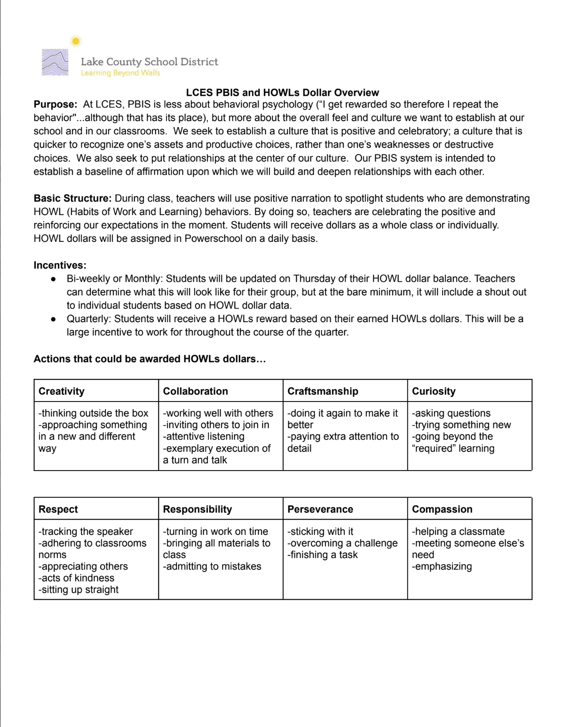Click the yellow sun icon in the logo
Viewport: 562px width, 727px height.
pyautogui.click(x=75, y=41)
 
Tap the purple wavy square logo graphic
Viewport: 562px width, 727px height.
pyautogui.click(x=55, y=62)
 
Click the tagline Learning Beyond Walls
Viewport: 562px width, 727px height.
pyautogui.click(x=120, y=73)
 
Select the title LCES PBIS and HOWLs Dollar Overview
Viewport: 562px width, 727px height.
pyautogui.click(x=282, y=93)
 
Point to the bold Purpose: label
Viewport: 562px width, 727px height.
pyautogui.click(x=55, y=104)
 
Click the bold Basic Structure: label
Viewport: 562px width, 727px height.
pyautogui.click(x=72, y=198)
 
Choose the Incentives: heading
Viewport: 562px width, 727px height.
pyautogui.click(x=60, y=265)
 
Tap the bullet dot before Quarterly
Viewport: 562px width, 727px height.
pyautogui.click(x=54, y=319)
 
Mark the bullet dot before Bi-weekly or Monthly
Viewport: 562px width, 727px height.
pyautogui.click(x=54, y=279)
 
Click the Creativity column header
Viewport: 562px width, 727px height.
pyautogui.click(x=62, y=391)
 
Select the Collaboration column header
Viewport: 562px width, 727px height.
pyautogui.click(x=195, y=391)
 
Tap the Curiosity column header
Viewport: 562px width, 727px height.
pyautogui.click(x=434, y=391)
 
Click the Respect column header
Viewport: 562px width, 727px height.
pyautogui.click(x=58, y=509)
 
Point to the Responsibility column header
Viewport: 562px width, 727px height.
pyautogui.click(x=198, y=509)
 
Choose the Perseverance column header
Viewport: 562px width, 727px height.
pyautogui.click(x=320, y=509)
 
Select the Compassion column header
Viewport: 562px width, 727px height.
pyautogui.click(x=442, y=509)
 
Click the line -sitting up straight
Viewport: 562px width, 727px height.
pyautogui.click(x=79, y=590)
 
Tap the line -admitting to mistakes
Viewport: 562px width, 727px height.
pyautogui.click(x=212, y=566)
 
